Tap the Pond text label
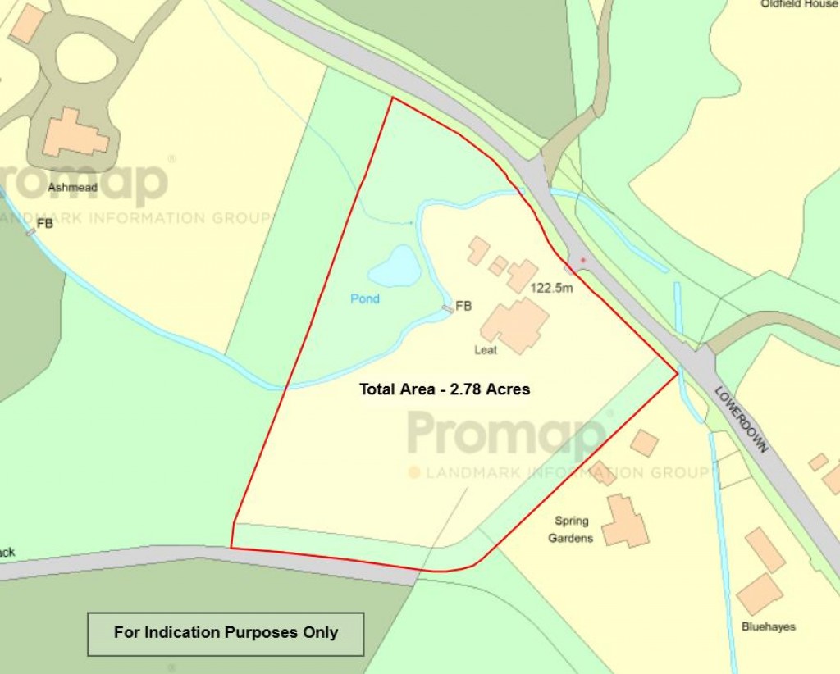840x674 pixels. click(x=365, y=298)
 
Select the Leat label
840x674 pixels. click(x=486, y=350)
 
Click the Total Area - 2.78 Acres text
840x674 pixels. click(x=445, y=389)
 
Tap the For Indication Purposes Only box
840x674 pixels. click(x=226, y=633)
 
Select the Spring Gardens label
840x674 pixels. click(x=572, y=530)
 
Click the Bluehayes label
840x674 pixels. click(x=769, y=627)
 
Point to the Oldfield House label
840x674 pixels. click(x=799, y=4)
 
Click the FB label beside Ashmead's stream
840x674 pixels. click(x=44, y=222)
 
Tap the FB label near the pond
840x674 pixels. click(x=463, y=306)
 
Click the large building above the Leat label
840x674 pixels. click(x=515, y=325)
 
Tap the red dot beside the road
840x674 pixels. click(x=583, y=261)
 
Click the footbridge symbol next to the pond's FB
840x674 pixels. click(x=448, y=308)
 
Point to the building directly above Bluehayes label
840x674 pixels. click(x=759, y=593)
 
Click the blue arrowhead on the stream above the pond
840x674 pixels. click(x=409, y=222)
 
